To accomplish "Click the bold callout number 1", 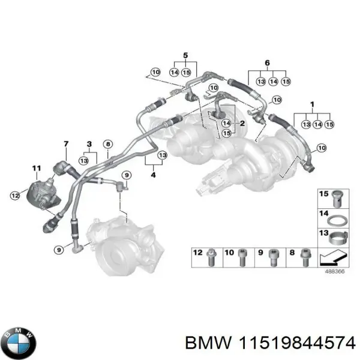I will point(312,104).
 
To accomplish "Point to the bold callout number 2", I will point(242,124).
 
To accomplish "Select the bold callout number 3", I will point(89,144).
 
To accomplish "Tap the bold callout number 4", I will point(154,175).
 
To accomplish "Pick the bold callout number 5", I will point(185,55).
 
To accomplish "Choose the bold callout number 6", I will point(267,62).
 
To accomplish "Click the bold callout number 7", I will point(67,142).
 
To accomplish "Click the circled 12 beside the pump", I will point(16,193).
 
